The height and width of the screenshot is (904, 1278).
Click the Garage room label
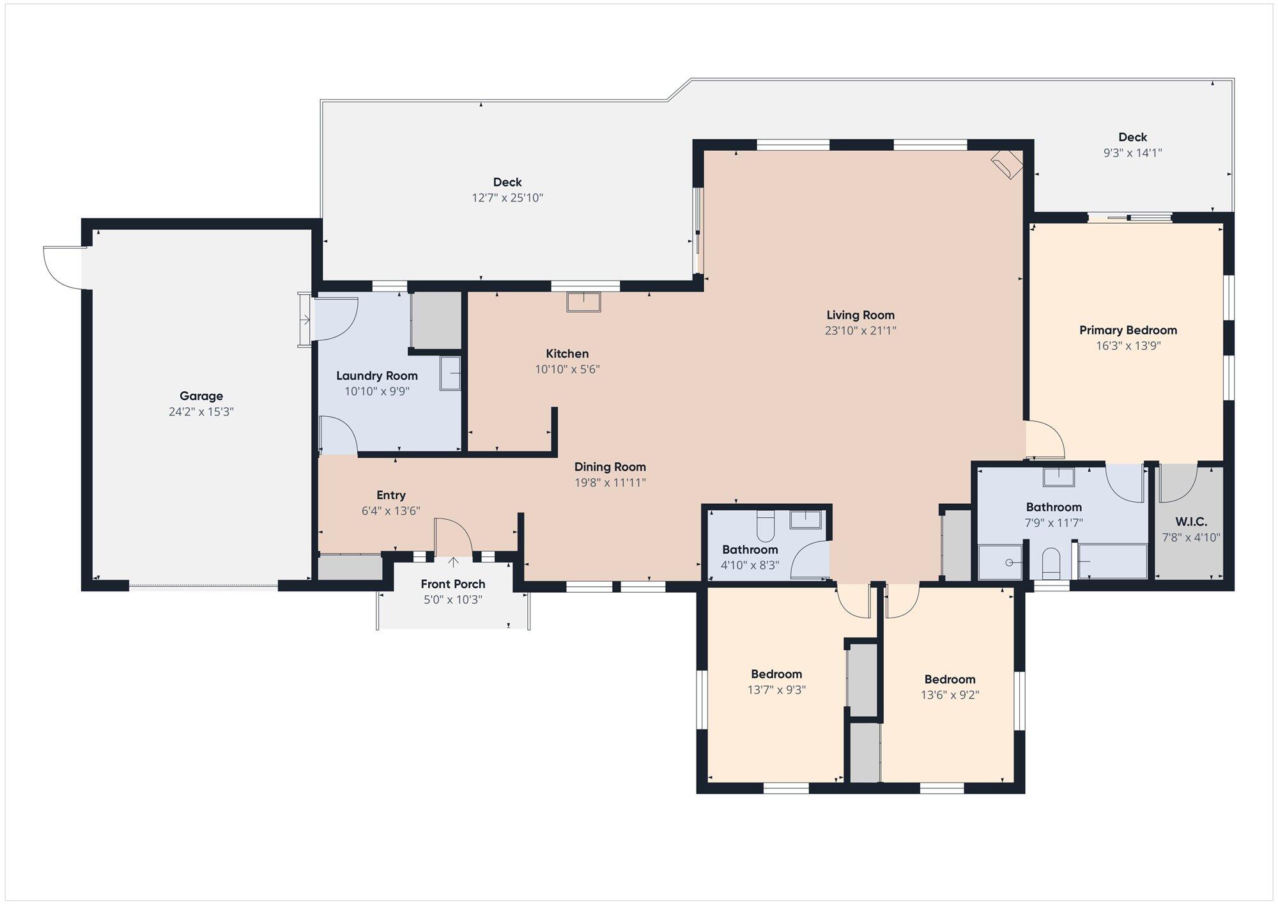201,396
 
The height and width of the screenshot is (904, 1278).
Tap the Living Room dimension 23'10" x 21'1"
860,331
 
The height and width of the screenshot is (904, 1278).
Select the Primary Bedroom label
1128,331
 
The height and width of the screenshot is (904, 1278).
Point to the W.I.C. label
1191,522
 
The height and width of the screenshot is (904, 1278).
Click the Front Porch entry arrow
453,562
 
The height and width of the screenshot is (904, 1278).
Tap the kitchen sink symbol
583,302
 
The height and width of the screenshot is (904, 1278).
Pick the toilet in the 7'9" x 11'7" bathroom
1051,563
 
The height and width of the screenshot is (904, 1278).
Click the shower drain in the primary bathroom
1010,563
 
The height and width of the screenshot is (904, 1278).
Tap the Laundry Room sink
450,373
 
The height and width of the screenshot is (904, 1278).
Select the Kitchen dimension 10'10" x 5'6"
567,370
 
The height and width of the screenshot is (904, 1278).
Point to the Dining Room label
610,467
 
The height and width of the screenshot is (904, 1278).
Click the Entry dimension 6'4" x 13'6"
391,511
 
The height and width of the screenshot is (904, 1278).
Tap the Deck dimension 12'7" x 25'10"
507,198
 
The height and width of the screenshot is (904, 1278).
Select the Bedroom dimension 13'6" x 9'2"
950,695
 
